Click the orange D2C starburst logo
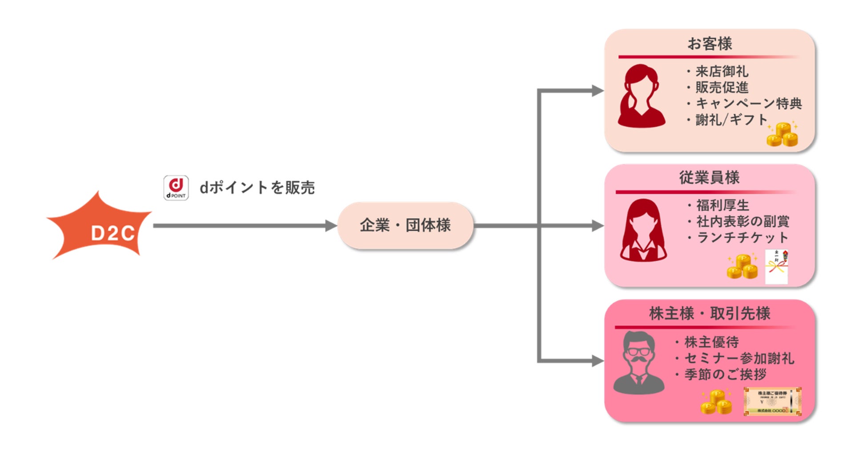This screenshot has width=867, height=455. (100, 227)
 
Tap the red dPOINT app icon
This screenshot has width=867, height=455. (176, 188)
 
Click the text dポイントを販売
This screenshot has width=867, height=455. (257, 188)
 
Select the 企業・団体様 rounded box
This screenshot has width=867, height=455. (405, 225)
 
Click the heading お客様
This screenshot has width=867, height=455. (709, 44)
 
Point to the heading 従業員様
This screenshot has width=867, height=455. (709, 178)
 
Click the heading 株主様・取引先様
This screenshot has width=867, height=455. (710, 314)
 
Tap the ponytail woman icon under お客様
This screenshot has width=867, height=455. (641, 96)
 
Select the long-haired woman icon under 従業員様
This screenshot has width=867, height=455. (643, 230)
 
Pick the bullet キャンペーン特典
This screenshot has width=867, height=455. (749, 104)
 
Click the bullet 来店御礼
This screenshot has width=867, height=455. (722, 72)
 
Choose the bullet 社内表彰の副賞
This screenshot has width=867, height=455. (743, 221)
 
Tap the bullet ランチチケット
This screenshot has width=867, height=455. (742, 238)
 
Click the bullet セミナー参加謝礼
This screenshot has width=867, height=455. (739, 358)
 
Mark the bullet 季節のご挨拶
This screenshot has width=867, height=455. (725, 375)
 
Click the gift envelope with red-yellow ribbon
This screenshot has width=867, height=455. (776, 267)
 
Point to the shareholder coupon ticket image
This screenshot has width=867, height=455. (772, 401)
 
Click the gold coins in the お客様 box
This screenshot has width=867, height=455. (783, 135)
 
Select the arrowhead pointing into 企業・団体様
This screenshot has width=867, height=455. (331, 226)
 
